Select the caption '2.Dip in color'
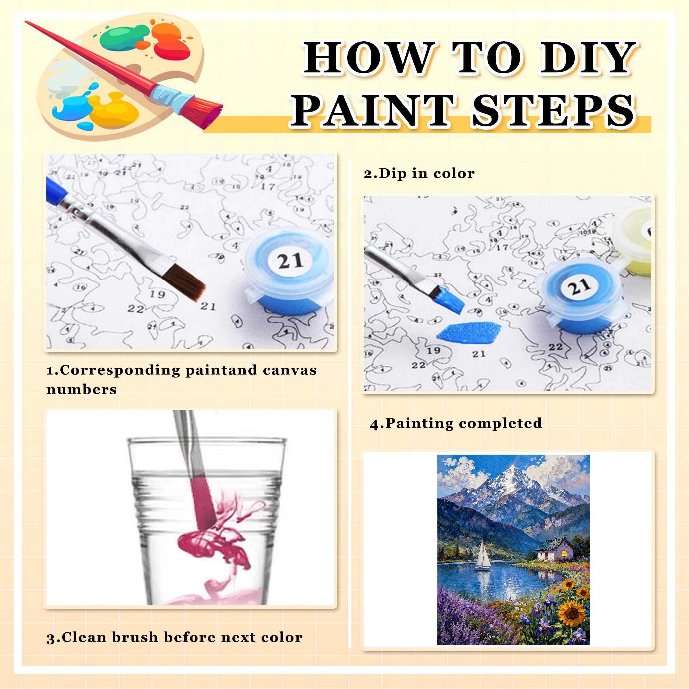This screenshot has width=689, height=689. (x=419, y=174)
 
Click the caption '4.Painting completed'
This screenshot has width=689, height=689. (x=456, y=424)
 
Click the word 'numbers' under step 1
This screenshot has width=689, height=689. (x=82, y=389)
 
